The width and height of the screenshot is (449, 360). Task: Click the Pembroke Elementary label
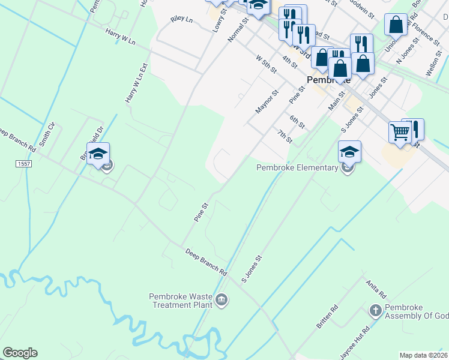click(297, 167)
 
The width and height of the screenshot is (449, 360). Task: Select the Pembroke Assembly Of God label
click(417, 311)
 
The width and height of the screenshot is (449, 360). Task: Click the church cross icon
click(375, 311)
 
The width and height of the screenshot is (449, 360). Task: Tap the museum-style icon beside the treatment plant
click(221, 299)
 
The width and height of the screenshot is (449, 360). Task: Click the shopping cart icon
click(400, 132)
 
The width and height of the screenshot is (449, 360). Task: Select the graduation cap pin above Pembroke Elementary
click(349, 152)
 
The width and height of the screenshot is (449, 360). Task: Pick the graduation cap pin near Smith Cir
click(98, 154)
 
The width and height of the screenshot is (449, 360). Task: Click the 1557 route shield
click(24, 163)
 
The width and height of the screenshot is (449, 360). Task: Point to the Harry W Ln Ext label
click(136, 86)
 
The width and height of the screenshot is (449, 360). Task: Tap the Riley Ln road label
click(181, 20)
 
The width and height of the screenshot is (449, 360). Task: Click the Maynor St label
click(268, 101)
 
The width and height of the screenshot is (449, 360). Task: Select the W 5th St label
click(266, 64)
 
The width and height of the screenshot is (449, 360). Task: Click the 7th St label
click(285, 136)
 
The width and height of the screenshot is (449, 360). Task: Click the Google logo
click(20, 353)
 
